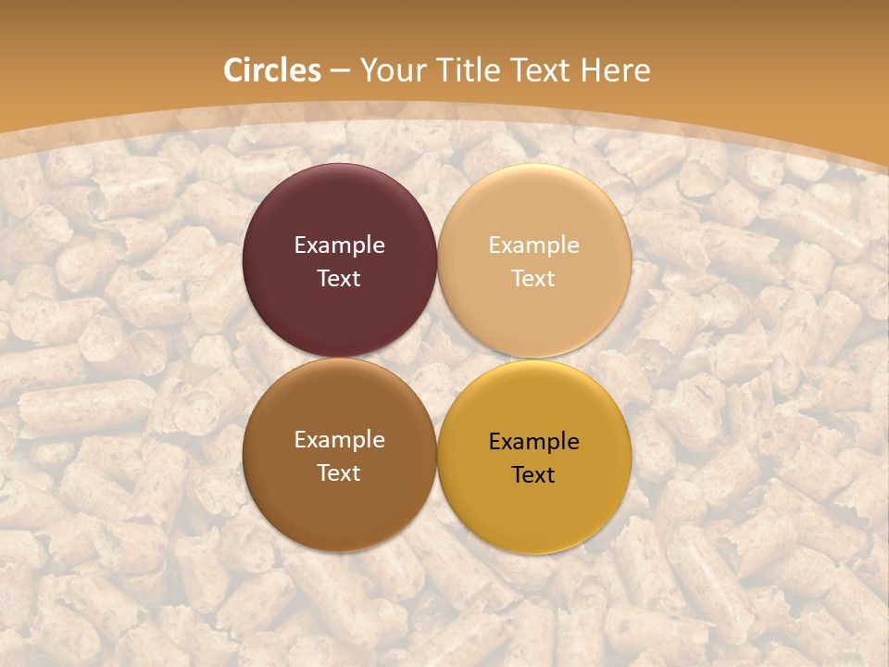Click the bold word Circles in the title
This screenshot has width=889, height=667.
point(272,70)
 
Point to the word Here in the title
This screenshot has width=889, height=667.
point(616,70)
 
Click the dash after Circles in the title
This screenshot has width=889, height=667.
point(340,71)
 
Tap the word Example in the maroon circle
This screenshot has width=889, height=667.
point(339,245)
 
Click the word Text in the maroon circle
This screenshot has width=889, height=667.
point(339,279)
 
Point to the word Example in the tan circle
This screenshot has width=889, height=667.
point(534,245)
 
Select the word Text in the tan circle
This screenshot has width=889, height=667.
point(534,279)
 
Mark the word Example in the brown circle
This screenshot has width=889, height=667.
point(339,440)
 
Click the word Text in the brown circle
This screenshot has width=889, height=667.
point(339,473)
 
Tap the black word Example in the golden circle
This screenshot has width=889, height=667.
point(534,442)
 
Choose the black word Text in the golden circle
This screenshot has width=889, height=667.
point(534,475)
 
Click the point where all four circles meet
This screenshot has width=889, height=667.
point(437,358)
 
